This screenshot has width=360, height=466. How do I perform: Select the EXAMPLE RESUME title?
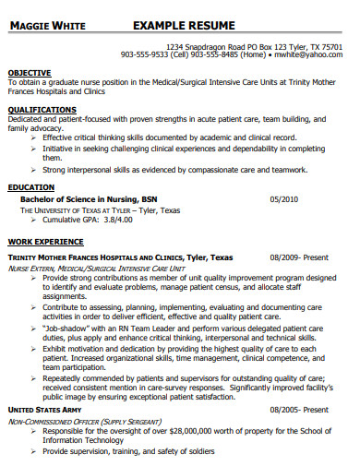(x=184, y=25)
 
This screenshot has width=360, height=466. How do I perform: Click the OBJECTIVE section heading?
(x=30, y=71)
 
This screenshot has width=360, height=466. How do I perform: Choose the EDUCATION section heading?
(x=31, y=186)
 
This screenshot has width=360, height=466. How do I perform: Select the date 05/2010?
(x=284, y=199)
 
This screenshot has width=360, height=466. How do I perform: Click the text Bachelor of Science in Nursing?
(x=75, y=199)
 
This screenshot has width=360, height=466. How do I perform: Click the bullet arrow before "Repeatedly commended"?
(x=33, y=377)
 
